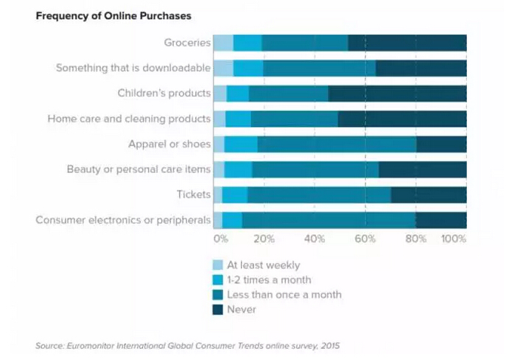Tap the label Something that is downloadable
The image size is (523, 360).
(133, 68)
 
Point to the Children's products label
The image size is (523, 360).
(164, 93)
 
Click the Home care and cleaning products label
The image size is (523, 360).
(129, 119)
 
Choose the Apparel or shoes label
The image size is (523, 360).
(169, 144)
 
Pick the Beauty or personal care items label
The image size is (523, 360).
(138, 169)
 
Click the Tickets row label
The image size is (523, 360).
(194, 194)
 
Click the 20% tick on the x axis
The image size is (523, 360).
(264, 239)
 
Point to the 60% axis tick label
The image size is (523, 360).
(365, 239)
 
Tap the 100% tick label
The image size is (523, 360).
(453, 239)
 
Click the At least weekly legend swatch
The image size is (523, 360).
(217, 265)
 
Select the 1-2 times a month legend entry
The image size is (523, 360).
(269, 280)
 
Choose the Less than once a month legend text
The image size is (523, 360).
(284, 294)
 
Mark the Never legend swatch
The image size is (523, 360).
(217, 310)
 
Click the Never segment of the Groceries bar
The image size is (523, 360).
(407, 43)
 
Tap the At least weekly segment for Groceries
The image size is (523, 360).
(222, 43)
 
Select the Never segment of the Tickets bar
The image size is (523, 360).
(428, 194)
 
